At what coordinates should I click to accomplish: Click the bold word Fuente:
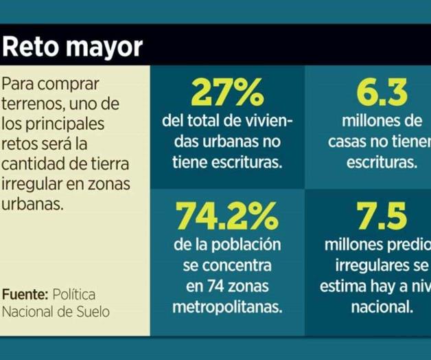tap(25, 294)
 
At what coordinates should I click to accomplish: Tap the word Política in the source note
tap(75, 294)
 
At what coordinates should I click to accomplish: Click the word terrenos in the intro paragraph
tap(30, 104)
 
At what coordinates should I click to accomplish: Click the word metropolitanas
tap(227, 307)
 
